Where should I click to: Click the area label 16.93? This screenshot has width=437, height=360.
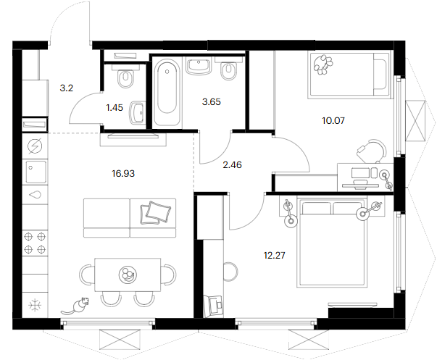(x=123, y=174)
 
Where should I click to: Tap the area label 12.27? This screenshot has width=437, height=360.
(x=275, y=255)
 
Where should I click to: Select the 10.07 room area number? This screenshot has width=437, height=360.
(x=333, y=121)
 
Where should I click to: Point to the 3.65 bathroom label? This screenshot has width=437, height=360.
(x=212, y=102)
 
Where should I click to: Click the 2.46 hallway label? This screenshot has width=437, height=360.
(x=232, y=165)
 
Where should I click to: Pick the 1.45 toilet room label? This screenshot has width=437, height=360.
(x=115, y=107)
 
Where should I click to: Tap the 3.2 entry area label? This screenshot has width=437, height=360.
(x=67, y=88)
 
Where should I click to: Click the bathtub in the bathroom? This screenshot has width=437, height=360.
(x=167, y=93)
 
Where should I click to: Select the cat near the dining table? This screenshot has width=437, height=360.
(x=76, y=306)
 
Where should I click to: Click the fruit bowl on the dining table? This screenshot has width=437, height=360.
(x=128, y=274)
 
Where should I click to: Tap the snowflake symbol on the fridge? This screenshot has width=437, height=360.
(x=35, y=305)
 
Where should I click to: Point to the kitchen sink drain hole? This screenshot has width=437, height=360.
(x=30, y=168)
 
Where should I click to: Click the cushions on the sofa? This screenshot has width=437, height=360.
(x=156, y=212)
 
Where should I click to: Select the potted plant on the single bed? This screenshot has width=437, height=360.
(x=322, y=64)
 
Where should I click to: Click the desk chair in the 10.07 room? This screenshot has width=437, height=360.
(x=372, y=151)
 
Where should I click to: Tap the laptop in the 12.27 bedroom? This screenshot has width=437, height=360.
(x=213, y=306)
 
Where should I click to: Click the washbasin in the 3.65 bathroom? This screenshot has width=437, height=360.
(x=199, y=66)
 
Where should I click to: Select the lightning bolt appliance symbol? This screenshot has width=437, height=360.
(x=35, y=146)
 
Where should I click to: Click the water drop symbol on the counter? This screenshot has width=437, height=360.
(x=35, y=195)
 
